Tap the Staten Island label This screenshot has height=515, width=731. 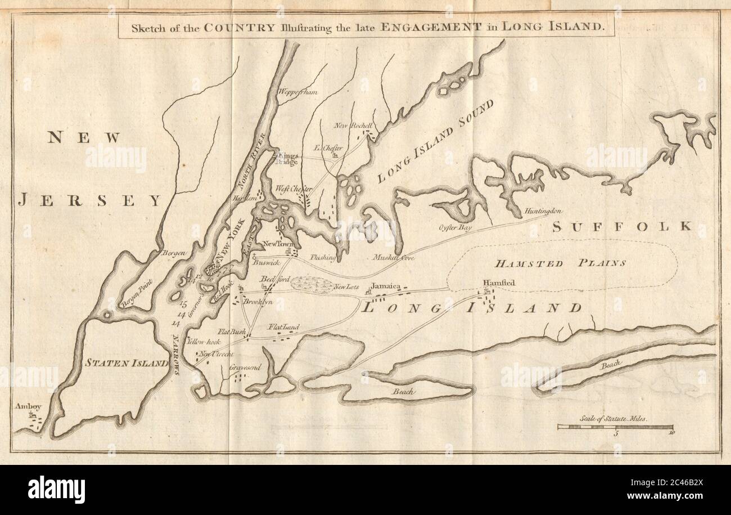[126, 363]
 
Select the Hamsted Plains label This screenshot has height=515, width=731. [560, 263]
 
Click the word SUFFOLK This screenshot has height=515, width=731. [621, 226]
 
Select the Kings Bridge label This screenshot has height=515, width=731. [287, 157]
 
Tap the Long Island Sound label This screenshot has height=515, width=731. [435, 142]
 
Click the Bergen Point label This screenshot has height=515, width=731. [136, 295]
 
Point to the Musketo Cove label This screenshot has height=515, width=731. [393, 257]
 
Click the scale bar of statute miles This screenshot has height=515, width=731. [615, 427]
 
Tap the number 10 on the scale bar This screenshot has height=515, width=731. [671, 434]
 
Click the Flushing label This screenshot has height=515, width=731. [323, 258]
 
